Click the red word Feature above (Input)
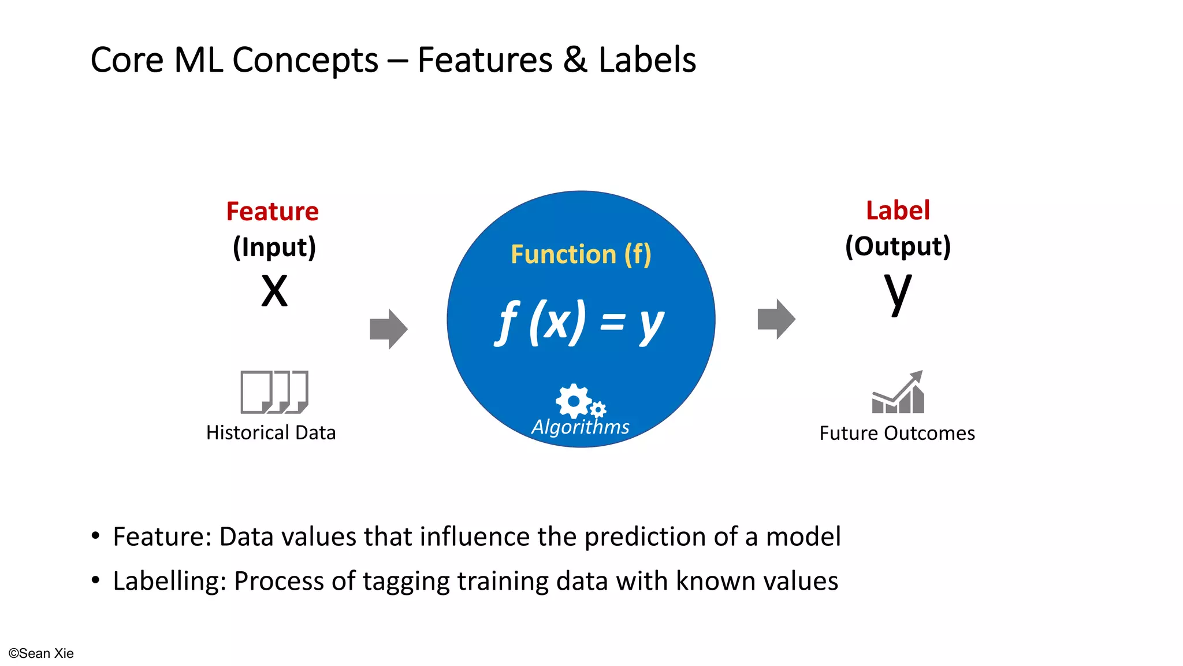click(x=272, y=212)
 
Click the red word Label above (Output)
click(x=898, y=210)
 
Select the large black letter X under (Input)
click(x=274, y=291)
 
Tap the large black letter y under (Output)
click(x=898, y=292)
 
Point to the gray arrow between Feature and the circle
click(x=388, y=329)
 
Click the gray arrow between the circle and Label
click(x=776, y=319)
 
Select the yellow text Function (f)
click(x=581, y=254)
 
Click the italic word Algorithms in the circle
click(x=581, y=427)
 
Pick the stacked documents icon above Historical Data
click(x=274, y=392)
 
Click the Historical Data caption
click(x=271, y=432)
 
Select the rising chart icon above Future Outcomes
click(x=898, y=393)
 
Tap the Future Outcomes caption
click(x=896, y=433)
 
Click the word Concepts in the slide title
click(x=305, y=60)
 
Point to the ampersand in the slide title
click(x=575, y=60)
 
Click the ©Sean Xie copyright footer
click(x=41, y=653)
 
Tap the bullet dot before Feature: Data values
click(x=96, y=536)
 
